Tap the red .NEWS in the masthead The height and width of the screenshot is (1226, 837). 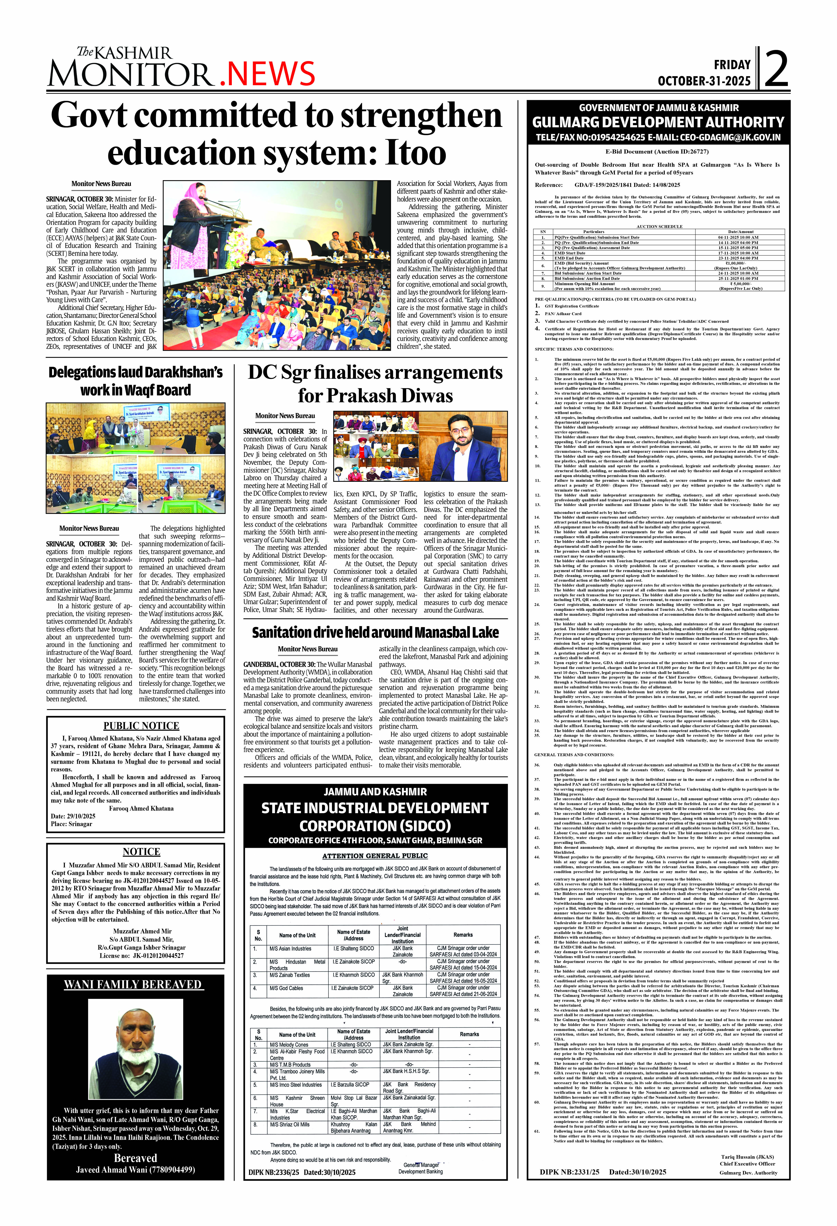(267, 74)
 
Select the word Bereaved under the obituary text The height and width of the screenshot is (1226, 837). (135, 1158)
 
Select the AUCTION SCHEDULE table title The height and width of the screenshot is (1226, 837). (659, 226)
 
